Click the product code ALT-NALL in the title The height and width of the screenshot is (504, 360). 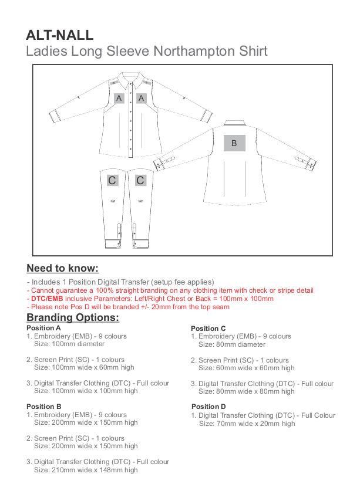pos(59,35)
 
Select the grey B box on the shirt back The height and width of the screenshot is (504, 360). pos(234,143)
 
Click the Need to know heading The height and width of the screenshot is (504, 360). pos(62,269)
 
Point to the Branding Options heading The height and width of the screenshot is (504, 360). pos(72,317)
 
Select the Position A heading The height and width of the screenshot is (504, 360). pos(43,328)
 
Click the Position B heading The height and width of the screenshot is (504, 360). pos(43,406)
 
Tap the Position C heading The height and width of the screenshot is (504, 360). pos(208,328)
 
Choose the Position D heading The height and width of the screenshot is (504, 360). pos(208,406)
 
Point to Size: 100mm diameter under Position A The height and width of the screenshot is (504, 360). pos(69,344)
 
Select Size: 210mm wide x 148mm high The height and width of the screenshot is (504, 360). pos(86,469)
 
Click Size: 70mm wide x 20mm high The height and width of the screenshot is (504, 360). pos(247,423)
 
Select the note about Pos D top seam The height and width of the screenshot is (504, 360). pos(128,307)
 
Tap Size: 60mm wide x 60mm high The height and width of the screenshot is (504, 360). pos(246,368)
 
